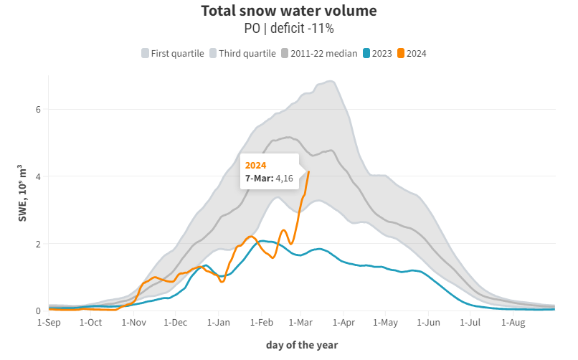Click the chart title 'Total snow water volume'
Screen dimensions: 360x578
pos(289,11)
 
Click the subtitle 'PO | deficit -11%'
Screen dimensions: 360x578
pos(289,29)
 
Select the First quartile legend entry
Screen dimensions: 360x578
pos(173,53)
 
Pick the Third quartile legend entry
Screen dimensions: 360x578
pos(242,53)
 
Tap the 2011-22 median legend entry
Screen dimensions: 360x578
pos(319,53)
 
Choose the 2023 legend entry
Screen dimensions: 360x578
pos(377,53)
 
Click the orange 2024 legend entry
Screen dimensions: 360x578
pos(412,53)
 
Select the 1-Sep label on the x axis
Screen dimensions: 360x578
pos(49,323)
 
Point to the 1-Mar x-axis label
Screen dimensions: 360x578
pos(302,323)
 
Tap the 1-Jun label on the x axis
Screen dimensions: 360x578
pos(428,323)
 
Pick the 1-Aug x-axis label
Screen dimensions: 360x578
pos(513,323)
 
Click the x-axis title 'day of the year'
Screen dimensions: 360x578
pos(302,345)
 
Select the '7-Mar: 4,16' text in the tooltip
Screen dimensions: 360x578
pos(270,178)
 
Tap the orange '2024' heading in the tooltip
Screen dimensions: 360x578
pos(256,165)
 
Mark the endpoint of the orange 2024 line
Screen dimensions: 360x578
pos(308,172)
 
